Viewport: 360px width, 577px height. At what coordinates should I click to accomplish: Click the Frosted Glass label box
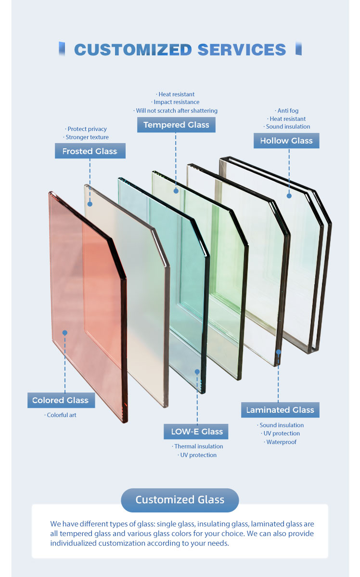pos(90,151)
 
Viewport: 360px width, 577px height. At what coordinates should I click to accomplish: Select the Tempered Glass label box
pos(176,125)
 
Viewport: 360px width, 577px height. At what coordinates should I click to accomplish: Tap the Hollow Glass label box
pos(286,141)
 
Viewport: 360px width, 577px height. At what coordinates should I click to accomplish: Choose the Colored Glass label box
pos(61,400)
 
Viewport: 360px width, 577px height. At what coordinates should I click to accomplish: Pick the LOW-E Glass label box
pos(196,431)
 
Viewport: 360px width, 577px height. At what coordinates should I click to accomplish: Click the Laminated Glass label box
pos(280,410)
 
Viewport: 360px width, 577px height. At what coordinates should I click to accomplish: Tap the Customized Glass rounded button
pos(180,500)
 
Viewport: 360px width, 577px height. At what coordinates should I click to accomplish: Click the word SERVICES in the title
pos(242,50)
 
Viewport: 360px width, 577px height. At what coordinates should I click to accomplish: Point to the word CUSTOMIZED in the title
pos(133,50)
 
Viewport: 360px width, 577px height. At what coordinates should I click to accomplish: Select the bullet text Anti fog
pos(287,110)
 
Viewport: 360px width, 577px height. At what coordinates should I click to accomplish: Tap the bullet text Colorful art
pos(61,415)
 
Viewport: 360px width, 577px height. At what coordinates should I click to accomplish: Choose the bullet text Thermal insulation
pos(197,446)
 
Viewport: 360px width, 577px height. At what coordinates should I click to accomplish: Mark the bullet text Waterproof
pos(280,442)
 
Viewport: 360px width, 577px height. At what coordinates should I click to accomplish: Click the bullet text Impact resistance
pos(175,102)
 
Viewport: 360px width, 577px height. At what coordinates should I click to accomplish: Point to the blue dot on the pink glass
pos(64,333)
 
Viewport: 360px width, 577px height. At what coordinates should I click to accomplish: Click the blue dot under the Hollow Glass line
pos(289,196)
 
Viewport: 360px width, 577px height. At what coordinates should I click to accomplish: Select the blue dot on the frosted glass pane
pos(90,204)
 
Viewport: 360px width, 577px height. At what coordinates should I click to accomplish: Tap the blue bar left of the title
pos(62,49)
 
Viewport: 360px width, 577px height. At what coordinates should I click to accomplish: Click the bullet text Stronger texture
pos(86,137)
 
